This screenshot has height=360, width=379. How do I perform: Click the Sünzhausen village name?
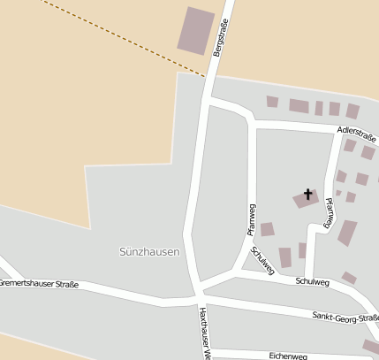pyautogui.click(x=149, y=252)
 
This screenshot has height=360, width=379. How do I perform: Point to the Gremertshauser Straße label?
pyautogui.click(x=39, y=284)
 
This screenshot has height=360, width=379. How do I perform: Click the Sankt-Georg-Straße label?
pyautogui.click(x=345, y=317)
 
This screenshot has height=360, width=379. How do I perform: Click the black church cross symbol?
pyautogui.click(x=308, y=194)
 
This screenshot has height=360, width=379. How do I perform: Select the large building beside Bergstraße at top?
pyautogui.click(x=196, y=30)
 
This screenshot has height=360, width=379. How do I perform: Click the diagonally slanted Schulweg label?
pyautogui.click(x=262, y=261)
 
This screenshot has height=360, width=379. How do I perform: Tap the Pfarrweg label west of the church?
pyautogui.click(x=251, y=218)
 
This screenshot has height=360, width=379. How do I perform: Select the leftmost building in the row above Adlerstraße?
pyautogui.click(x=272, y=102)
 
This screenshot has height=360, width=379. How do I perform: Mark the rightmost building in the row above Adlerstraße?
pyautogui.click(x=352, y=111)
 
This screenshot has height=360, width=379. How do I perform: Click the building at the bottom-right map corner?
pyautogui.click(x=370, y=346)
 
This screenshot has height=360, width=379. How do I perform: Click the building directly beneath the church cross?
pyautogui.click(x=306, y=201)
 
